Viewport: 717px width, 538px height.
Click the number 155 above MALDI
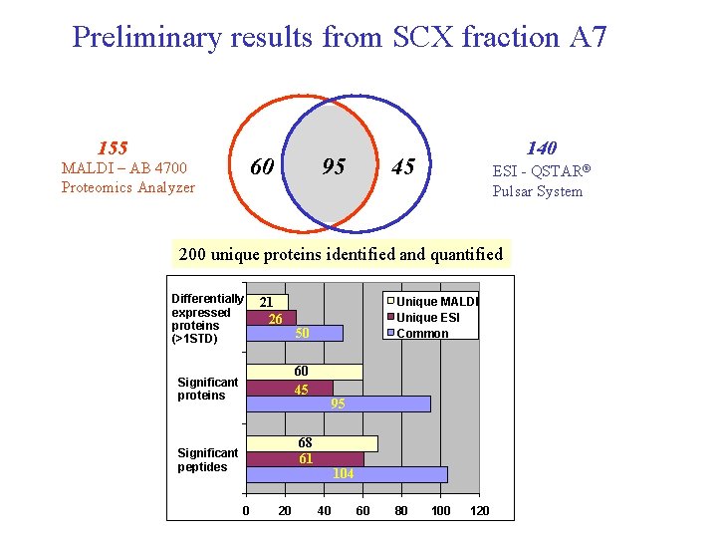(x=112, y=147)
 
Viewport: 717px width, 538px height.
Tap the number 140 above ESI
(x=541, y=148)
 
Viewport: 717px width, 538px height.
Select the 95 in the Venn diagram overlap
(x=334, y=166)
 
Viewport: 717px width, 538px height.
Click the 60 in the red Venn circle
(x=262, y=166)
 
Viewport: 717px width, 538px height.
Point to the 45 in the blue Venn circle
(x=403, y=166)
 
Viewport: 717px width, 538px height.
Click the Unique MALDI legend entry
(x=437, y=302)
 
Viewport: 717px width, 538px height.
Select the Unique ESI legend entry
(x=428, y=318)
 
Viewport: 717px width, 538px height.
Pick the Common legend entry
(x=422, y=334)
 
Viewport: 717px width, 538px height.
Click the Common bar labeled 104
(x=347, y=474)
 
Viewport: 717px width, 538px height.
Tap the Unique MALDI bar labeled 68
(x=312, y=443)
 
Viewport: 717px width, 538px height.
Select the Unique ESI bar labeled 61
(x=305, y=459)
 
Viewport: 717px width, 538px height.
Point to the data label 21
(x=267, y=302)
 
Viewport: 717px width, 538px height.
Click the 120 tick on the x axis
(x=479, y=511)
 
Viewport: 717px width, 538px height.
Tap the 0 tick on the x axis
(x=246, y=511)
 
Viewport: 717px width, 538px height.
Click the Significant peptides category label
(x=207, y=460)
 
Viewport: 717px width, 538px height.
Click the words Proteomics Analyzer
(x=127, y=187)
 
